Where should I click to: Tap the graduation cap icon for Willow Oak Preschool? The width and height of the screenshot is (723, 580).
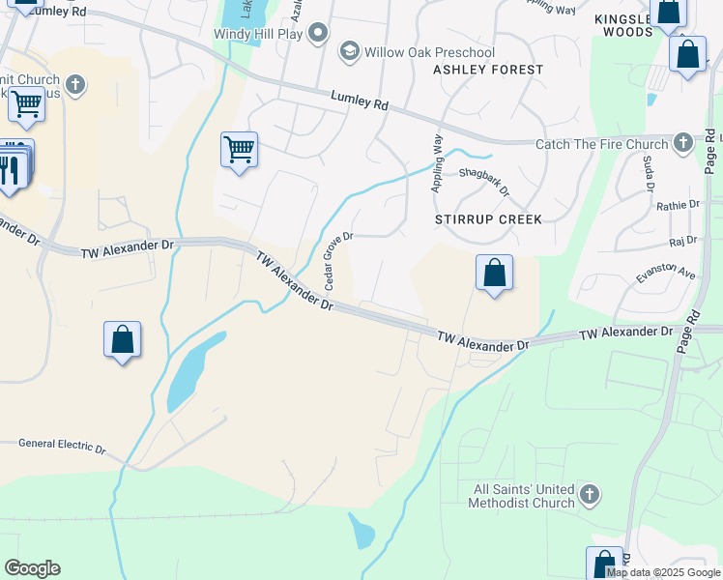[348, 50]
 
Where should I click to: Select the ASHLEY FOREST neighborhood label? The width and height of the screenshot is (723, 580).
[488, 70]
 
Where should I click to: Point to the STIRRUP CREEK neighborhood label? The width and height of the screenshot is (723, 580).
[488, 219]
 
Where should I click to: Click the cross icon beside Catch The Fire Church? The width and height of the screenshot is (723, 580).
[682, 144]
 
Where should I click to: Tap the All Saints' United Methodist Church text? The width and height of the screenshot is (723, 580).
[521, 497]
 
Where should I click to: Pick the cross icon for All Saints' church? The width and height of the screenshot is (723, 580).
[589, 496]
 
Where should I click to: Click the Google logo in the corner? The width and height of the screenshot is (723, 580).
[32, 568]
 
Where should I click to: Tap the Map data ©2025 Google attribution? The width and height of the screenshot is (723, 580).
[663, 572]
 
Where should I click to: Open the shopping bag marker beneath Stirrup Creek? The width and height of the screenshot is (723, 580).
[494, 274]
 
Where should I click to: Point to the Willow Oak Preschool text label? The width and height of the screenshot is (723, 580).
[429, 52]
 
